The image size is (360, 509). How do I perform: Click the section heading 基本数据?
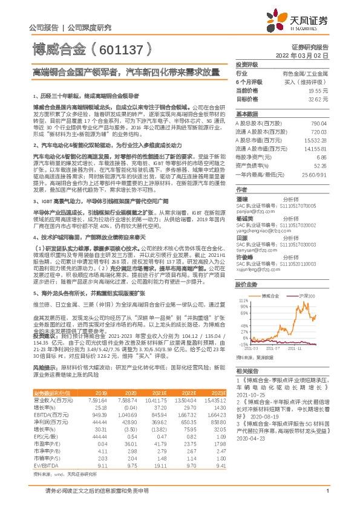(247, 113)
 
